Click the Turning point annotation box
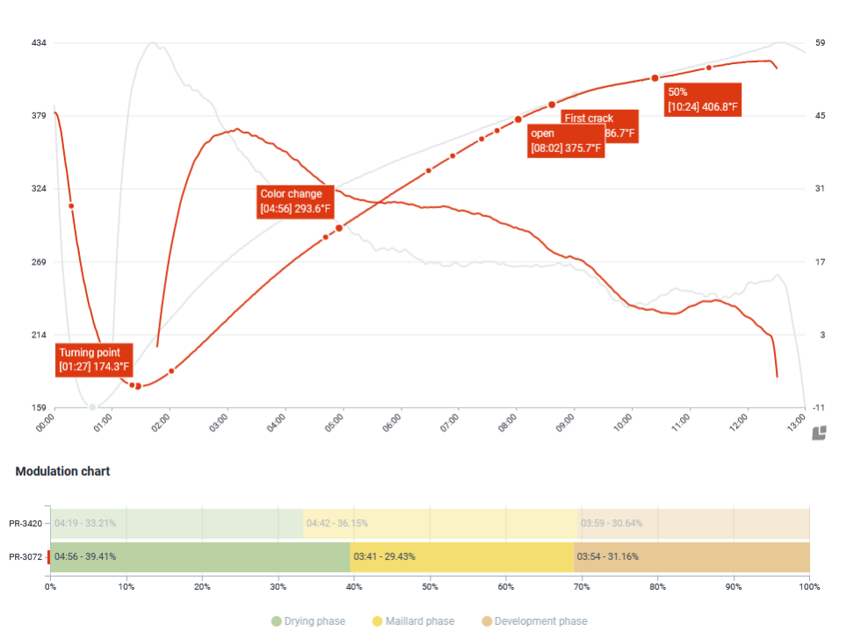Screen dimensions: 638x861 (94, 359)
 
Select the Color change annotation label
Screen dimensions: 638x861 (295, 201)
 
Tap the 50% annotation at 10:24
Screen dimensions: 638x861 (702, 99)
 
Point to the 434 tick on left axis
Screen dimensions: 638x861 (38, 43)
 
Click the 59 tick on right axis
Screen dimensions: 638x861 (820, 43)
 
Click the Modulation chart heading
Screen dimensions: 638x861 (62, 471)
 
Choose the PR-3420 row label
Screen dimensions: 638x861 (25, 524)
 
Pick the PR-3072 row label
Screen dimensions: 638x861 (25, 557)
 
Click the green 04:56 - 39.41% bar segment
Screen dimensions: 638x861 (200, 557)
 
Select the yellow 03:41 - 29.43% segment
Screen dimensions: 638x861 (462, 557)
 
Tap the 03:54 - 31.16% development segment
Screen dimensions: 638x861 (691, 557)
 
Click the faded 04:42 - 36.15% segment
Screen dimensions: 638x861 (440, 524)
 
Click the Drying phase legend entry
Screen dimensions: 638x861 (307, 621)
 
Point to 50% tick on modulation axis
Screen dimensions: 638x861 (430, 586)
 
